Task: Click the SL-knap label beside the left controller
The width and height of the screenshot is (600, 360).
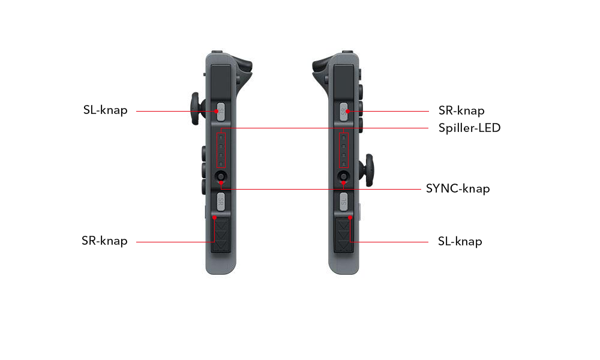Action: click(105, 110)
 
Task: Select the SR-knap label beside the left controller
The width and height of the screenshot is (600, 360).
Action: click(105, 241)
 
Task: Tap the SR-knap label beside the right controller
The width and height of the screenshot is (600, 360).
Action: click(461, 111)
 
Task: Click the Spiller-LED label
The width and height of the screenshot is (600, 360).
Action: click(469, 128)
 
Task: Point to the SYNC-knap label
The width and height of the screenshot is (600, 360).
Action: click(458, 189)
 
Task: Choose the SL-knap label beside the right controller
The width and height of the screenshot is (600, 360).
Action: click(460, 242)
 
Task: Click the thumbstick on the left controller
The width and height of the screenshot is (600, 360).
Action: click(196, 109)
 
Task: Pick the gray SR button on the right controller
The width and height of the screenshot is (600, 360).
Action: click(344, 111)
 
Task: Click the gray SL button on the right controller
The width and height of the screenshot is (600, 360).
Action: click(344, 200)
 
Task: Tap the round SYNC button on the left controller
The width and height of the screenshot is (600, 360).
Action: click(221, 176)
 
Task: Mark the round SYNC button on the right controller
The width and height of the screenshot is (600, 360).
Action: click(344, 176)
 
